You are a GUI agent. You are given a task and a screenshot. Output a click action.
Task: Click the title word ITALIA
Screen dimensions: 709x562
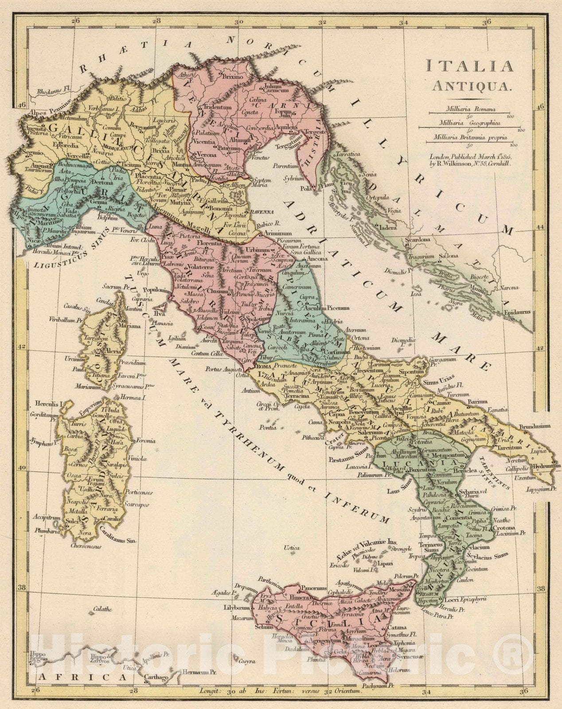click(x=469, y=66)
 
